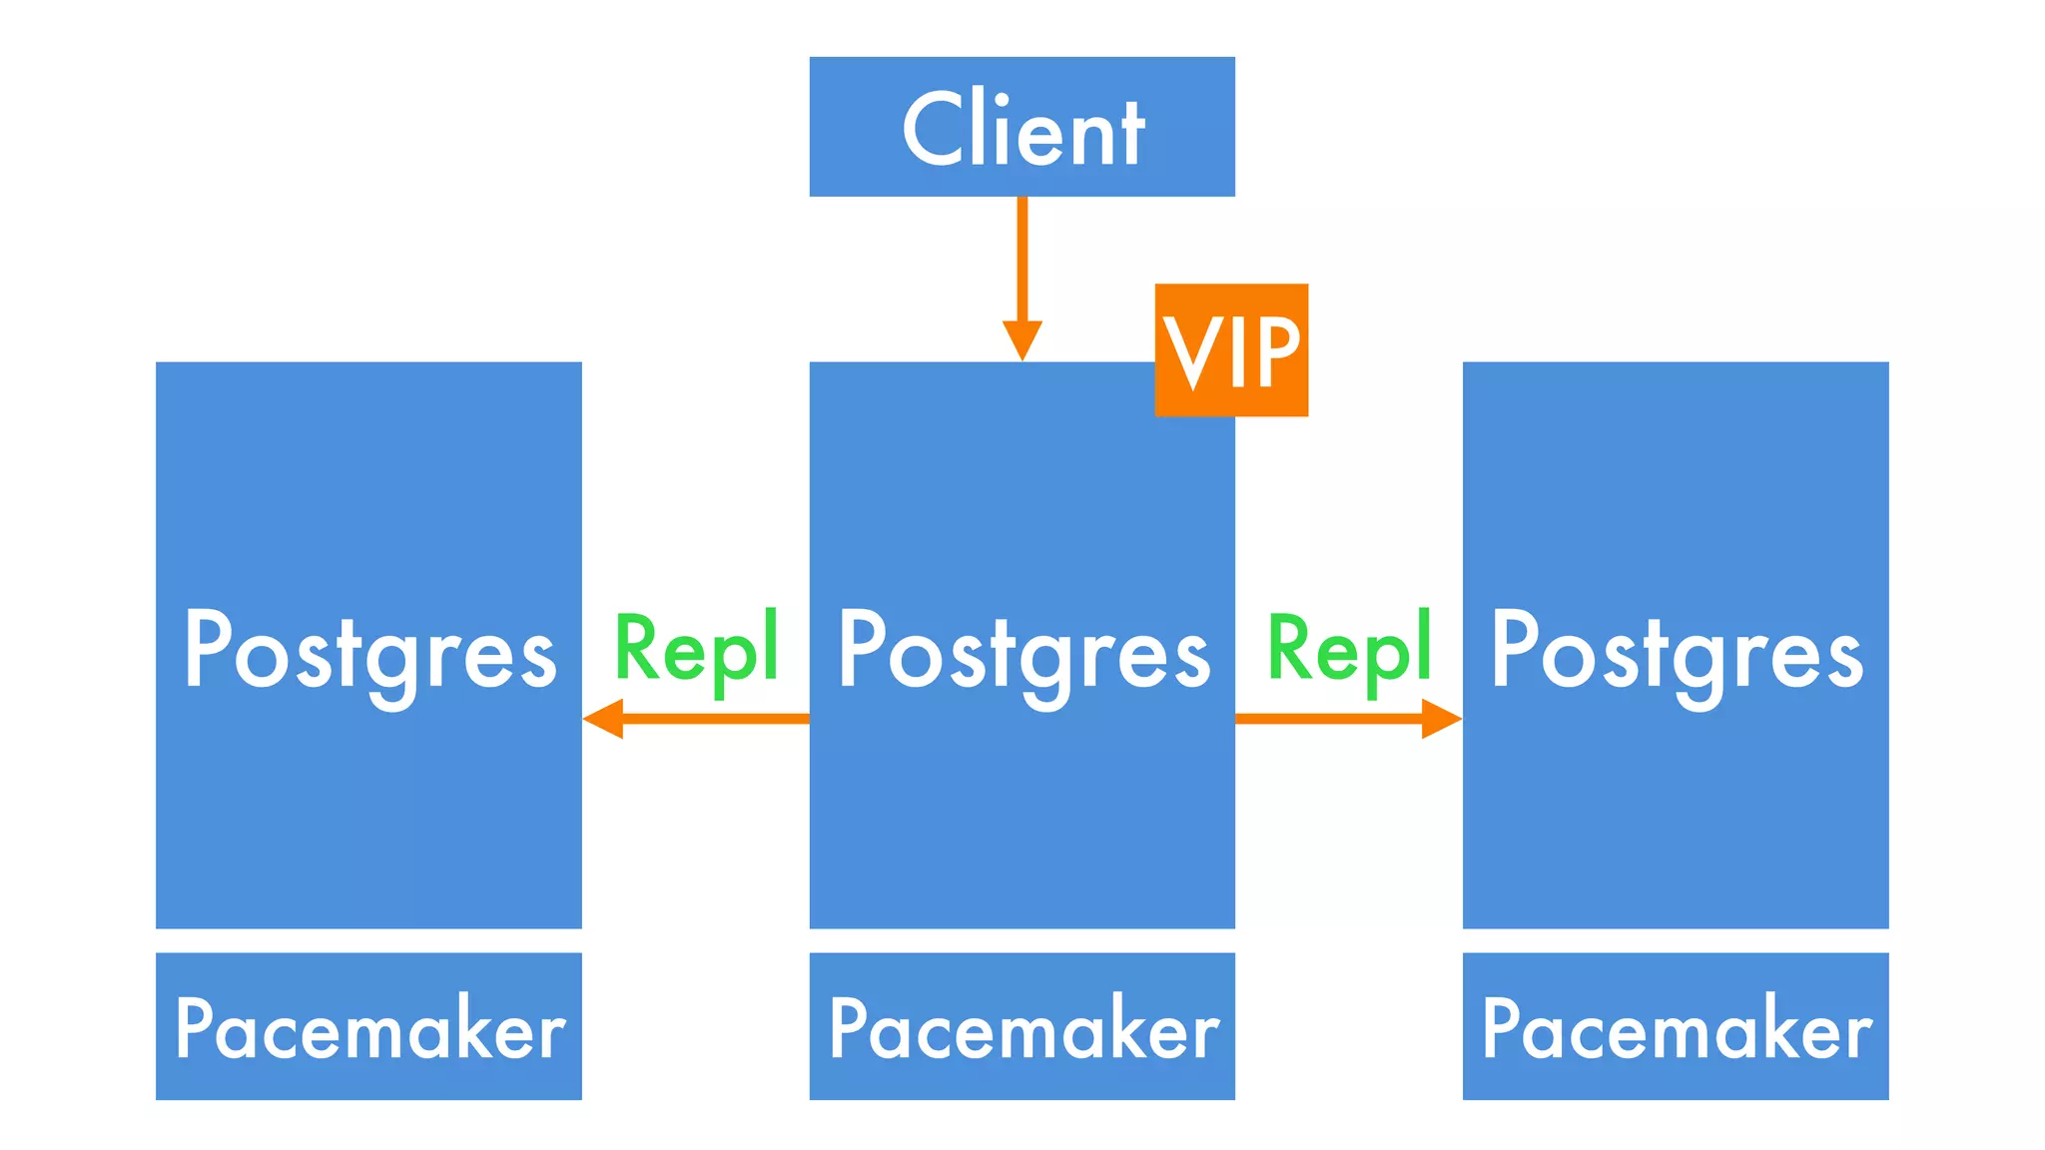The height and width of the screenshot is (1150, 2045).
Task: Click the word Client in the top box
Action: click(x=1022, y=130)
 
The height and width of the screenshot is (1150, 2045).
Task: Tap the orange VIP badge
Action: click(x=1231, y=349)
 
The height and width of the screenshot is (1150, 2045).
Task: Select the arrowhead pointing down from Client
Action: click(x=1022, y=339)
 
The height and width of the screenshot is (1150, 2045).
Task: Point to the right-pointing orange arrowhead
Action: click(x=1442, y=718)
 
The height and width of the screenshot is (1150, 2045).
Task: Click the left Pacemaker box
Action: click(x=369, y=1026)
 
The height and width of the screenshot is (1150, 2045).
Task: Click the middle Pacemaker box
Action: click(x=1022, y=1026)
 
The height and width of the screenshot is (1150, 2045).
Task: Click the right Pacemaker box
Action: click(x=1676, y=1026)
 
